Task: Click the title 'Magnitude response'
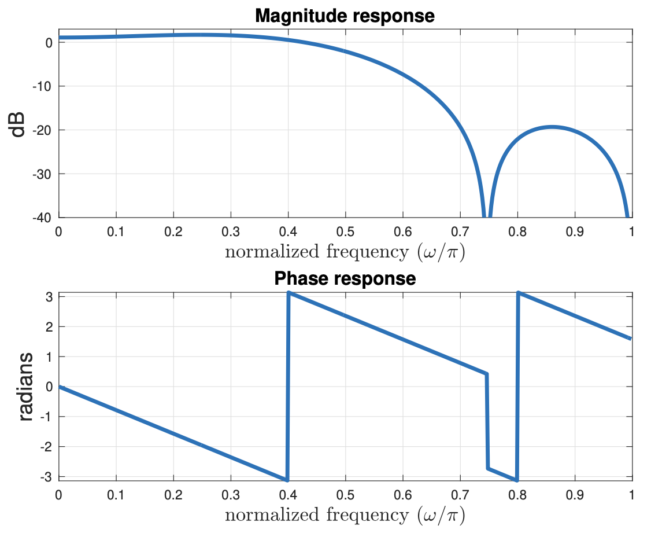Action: [x=345, y=16]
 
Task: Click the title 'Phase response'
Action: [x=345, y=278]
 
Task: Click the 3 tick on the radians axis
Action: [x=50, y=296]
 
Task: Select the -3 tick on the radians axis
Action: [x=47, y=477]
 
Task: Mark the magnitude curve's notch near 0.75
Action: [x=487, y=215]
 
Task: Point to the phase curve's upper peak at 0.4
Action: [x=288, y=293]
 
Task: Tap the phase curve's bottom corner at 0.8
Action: [x=516, y=480]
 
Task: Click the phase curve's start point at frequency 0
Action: [x=59, y=387]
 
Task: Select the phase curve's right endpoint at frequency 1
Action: [x=631, y=339]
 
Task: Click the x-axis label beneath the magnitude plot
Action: [x=345, y=252]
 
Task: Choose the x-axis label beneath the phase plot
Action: [x=345, y=514]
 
